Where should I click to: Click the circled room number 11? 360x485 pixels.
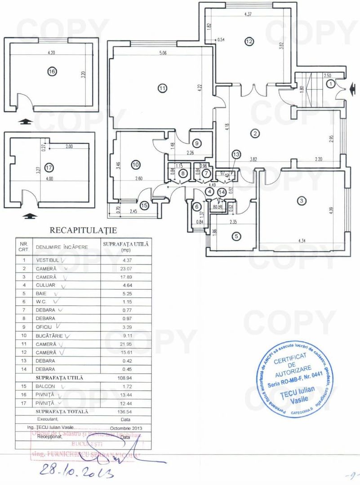click(162, 88)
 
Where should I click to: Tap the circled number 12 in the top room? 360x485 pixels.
click(249, 41)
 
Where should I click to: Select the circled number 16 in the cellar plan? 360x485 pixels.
click(52, 71)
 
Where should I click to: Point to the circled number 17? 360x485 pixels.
click(49, 168)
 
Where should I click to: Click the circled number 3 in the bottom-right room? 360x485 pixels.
click(302, 200)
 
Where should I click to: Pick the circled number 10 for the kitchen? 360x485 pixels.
click(136, 165)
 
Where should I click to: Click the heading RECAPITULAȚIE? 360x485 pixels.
click(83, 230)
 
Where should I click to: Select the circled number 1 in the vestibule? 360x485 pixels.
click(331, 83)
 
